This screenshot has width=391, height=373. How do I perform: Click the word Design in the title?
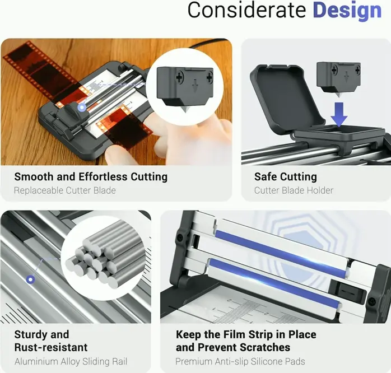347,11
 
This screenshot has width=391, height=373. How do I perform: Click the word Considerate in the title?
247,11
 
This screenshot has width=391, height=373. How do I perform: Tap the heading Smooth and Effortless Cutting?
91,177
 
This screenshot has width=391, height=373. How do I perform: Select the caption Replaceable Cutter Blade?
65,190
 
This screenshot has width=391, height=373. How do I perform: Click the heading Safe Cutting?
285,177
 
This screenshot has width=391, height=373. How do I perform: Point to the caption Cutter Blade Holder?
294,190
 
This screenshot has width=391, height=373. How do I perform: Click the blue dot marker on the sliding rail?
31,279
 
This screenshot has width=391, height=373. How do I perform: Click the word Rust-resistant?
51,348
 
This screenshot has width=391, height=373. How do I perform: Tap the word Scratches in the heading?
263,348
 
